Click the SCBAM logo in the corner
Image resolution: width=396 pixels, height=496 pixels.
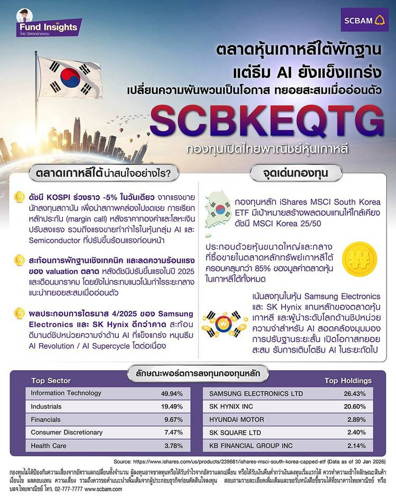pos(365,21)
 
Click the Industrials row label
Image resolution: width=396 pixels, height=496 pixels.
pos(46,406)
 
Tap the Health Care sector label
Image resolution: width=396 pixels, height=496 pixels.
pos(49,446)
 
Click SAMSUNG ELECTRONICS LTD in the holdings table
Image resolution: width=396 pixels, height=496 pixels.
pos(256,393)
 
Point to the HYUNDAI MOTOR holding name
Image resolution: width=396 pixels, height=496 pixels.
pos(237,420)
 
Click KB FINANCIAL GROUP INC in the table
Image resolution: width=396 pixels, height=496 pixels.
pos(251,446)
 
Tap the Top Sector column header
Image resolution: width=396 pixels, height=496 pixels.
pos(51,380)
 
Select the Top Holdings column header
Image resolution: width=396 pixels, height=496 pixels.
pos(348,380)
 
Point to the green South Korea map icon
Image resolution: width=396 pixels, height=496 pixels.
pos(218,209)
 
